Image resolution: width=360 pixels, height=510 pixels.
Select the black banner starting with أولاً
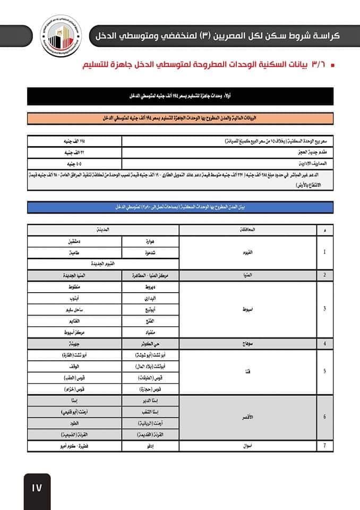[x=180, y=96]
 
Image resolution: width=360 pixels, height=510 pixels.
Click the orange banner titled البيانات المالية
[x=180, y=118]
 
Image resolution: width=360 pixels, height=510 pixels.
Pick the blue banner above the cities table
[x=180, y=207]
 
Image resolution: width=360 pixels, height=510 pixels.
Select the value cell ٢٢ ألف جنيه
[x=74, y=152]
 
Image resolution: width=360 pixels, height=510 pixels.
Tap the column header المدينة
[x=103, y=229]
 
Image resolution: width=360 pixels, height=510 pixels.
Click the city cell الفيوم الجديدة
[x=103, y=263]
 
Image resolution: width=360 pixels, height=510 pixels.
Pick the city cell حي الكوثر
[x=150, y=343]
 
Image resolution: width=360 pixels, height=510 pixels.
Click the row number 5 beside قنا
[x=324, y=371]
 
